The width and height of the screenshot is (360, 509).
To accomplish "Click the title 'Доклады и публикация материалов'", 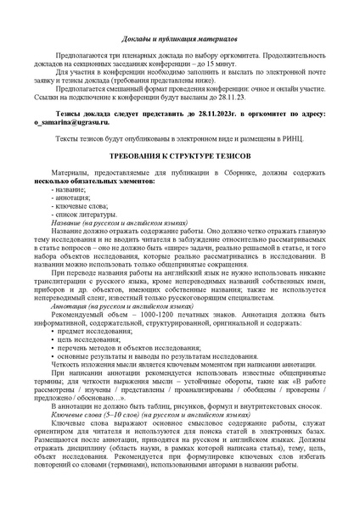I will [180, 40].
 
